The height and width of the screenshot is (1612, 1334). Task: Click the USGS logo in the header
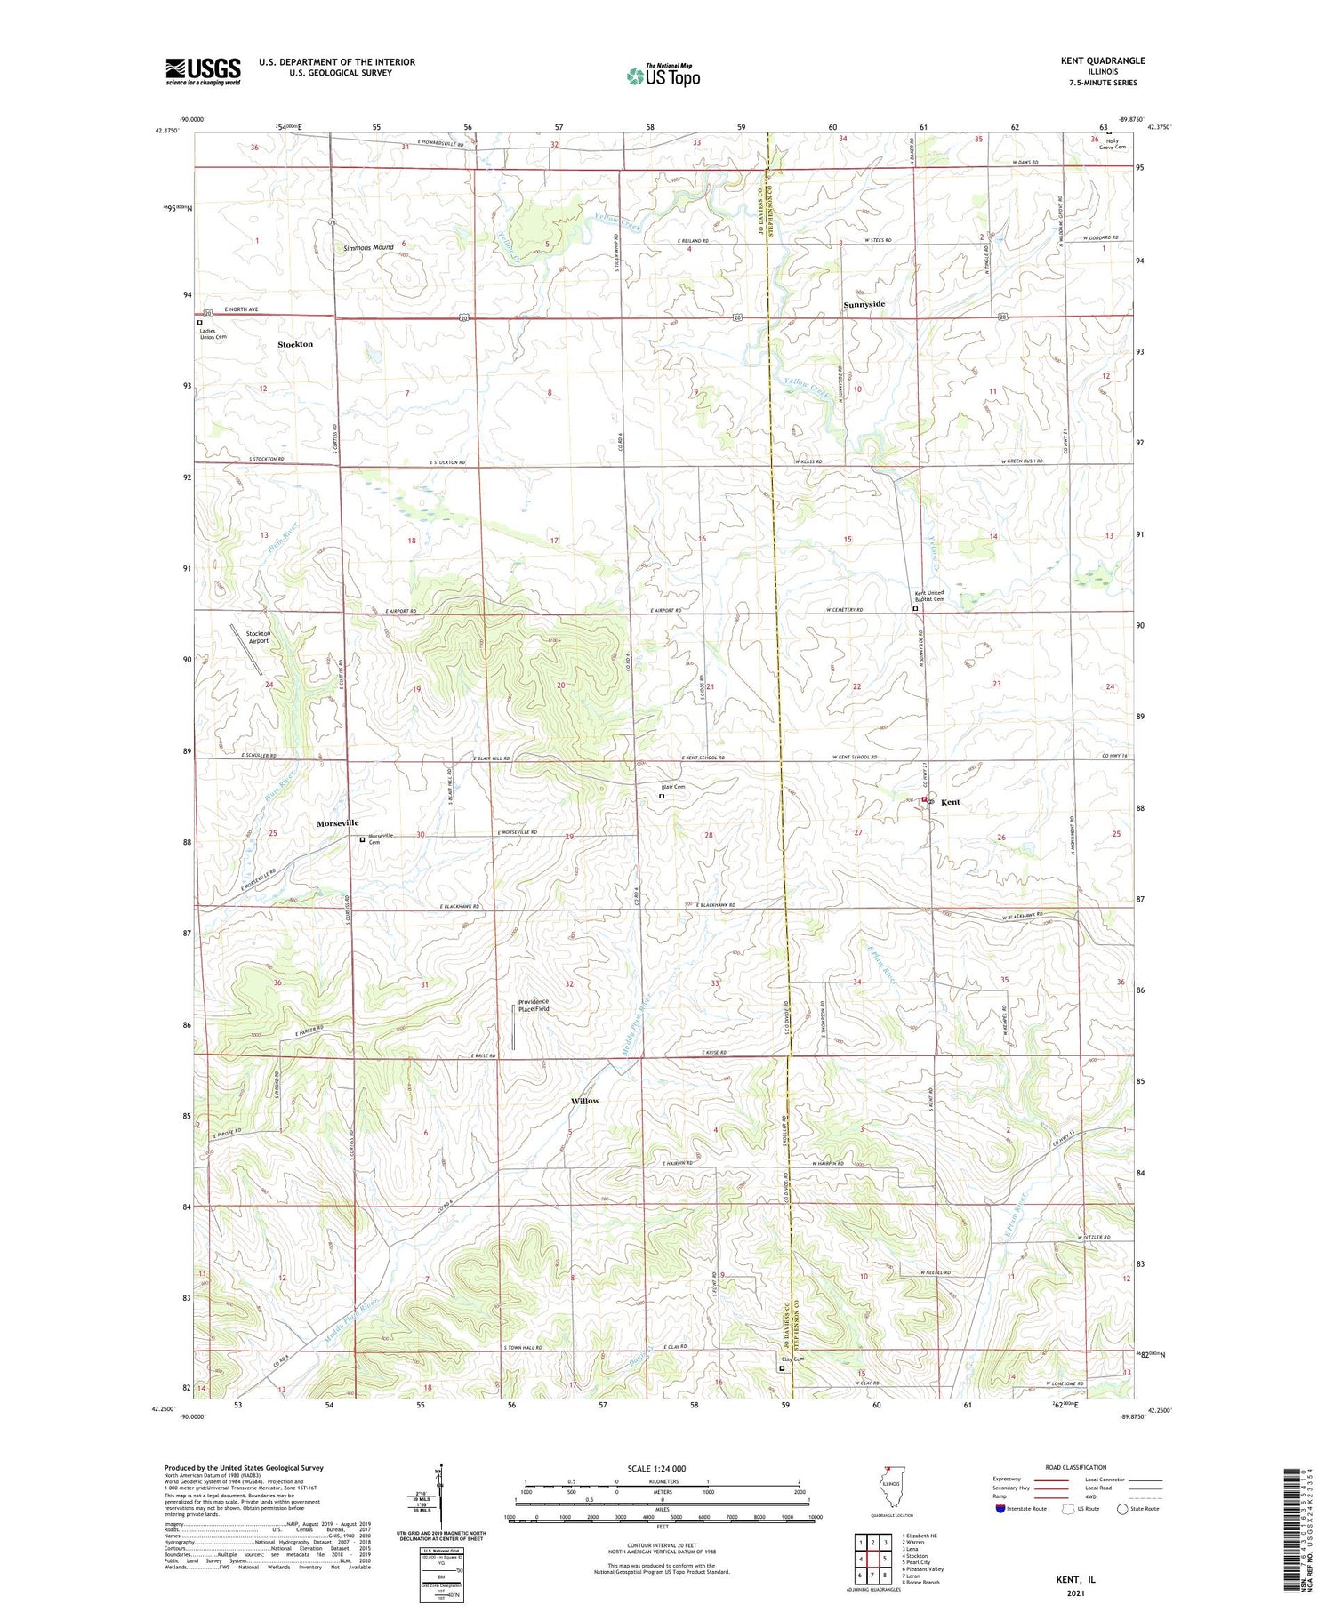click(203, 71)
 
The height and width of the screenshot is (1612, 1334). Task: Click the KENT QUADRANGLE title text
click(1102, 60)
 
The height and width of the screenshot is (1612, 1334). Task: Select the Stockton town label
click(295, 344)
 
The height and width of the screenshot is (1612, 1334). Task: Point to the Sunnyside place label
click(864, 304)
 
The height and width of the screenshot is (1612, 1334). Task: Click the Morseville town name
click(337, 823)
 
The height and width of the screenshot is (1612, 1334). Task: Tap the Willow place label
click(584, 1101)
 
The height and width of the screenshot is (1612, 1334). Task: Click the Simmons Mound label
click(368, 247)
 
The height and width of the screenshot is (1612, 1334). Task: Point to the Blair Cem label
click(672, 787)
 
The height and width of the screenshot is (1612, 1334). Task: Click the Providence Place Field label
click(534, 1005)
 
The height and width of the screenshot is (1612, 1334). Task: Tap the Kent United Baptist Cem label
click(929, 596)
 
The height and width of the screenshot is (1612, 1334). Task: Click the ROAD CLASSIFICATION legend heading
click(1076, 1467)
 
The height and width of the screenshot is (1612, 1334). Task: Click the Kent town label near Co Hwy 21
click(950, 802)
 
